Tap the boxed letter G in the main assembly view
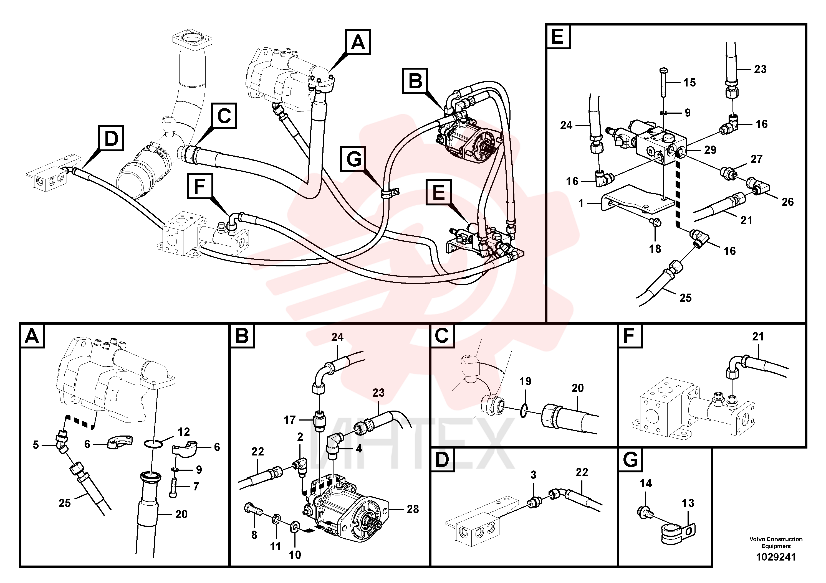coord(354,159)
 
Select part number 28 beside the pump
coord(413,509)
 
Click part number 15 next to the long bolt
coord(689,82)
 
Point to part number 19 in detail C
coord(525,381)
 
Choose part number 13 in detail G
coord(688,503)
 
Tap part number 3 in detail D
coord(533,475)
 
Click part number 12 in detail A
coord(184,431)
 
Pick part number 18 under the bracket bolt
coord(655,248)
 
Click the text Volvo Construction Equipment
coord(776,542)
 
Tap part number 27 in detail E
coord(756,159)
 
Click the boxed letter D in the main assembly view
coord(111,138)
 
